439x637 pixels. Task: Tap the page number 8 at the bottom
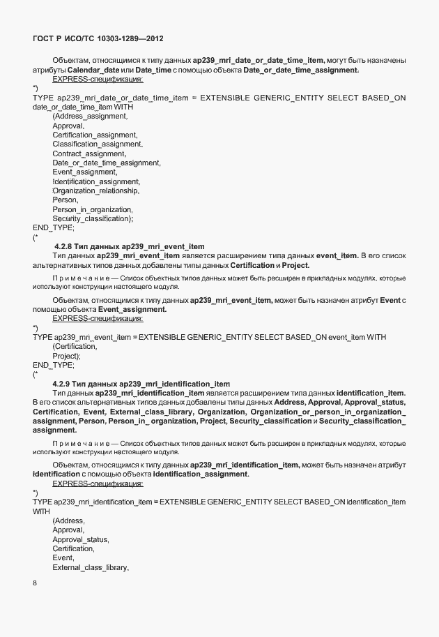(x=36, y=583)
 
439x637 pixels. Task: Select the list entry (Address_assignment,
(x=90, y=116)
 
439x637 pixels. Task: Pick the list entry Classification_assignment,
(x=97, y=144)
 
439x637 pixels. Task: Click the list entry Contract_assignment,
(x=89, y=153)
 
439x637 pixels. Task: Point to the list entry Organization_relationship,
(x=96, y=190)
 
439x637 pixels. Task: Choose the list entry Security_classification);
(x=92, y=219)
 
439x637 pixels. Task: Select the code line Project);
(x=66, y=356)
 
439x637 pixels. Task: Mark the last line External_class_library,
(x=91, y=568)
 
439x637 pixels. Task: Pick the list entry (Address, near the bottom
(x=68, y=520)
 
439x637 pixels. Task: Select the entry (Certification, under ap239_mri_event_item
(x=75, y=347)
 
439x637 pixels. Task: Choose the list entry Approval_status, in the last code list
(x=81, y=539)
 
